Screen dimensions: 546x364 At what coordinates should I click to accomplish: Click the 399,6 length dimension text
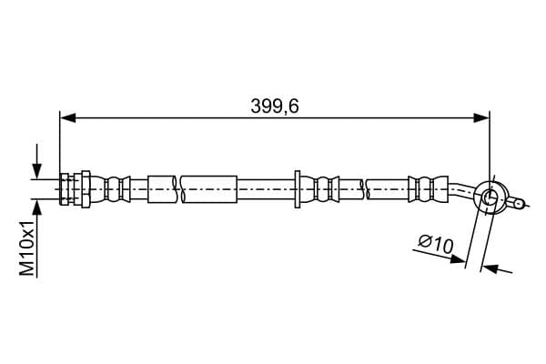tap(275, 106)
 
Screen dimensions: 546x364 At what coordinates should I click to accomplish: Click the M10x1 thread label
tap(27, 248)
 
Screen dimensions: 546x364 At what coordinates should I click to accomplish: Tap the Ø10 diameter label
tap(436, 244)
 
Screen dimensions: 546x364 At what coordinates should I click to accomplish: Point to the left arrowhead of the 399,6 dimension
tap(67, 118)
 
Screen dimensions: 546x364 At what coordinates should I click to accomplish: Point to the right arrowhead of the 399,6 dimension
tap(481, 118)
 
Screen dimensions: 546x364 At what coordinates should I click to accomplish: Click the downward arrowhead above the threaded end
tap(37, 171)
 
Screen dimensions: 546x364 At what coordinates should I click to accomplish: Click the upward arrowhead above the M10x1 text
tap(37, 208)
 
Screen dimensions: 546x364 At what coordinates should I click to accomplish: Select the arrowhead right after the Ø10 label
tap(458, 259)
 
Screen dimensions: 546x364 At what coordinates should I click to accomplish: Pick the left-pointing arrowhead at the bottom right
tap(489, 268)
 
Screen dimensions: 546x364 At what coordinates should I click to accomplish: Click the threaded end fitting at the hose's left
tap(66, 188)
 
